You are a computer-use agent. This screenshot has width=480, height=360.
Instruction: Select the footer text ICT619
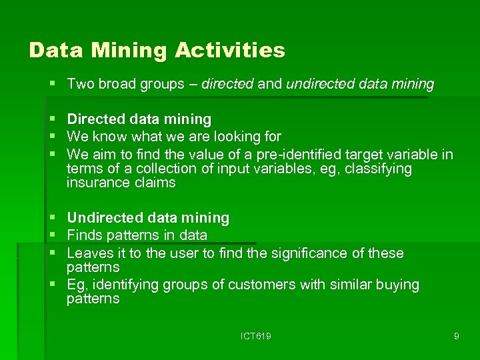pyautogui.click(x=256, y=336)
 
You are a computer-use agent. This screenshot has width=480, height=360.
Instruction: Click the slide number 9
pyautogui.click(x=456, y=336)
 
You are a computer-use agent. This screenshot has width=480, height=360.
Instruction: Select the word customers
pyautogui.click(x=259, y=285)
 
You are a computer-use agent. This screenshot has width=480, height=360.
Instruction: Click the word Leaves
pyautogui.click(x=87, y=253)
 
